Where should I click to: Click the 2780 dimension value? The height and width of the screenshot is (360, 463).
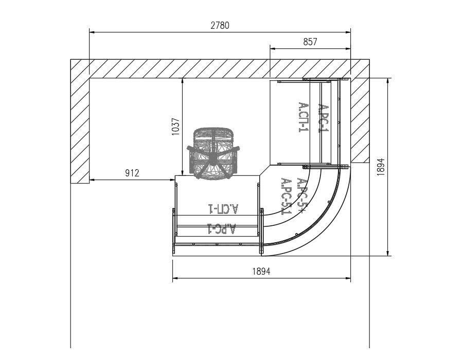tap(220, 26)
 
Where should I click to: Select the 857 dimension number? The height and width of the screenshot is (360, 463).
tap(310, 42)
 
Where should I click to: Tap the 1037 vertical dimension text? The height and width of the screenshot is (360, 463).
tap(176, 127)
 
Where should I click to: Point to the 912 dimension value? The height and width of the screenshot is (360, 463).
tap(132, 173)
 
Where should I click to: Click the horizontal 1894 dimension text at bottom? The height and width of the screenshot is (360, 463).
tap(261, 271)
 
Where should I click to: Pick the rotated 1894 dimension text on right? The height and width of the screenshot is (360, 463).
tap(381, 167)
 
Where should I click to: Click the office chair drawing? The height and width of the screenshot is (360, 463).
tap(212, 153)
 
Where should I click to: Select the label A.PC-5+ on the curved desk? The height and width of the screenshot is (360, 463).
tap(302, 195)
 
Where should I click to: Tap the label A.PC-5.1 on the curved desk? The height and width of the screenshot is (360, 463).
tap(286, 196)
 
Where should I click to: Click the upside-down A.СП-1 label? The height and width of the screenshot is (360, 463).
tap(223, 209)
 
